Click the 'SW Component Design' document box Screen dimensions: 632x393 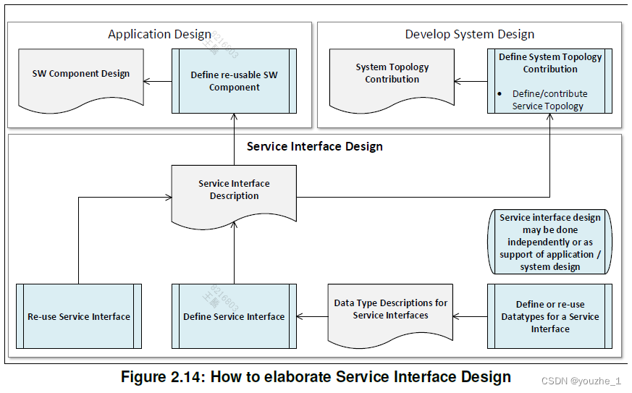pyautogui.click(x=81, y=80)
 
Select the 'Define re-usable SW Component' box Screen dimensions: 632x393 pyautogui.click(x=234, y=81)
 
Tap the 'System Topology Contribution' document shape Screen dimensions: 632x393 pyautogui.click(x=392, y=80)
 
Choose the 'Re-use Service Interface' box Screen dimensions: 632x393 pyautogui.click(x=79, y=316)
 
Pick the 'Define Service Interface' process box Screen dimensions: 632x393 pyautogui.click(x=234, y=316)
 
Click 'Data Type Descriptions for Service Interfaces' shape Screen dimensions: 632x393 pyautogui.click(x=390, y=314)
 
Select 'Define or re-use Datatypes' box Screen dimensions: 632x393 pyautogui.click(x=549, y=316)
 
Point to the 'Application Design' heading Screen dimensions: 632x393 pyautogui.click(x=159, y=35)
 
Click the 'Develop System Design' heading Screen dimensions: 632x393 pyautogui.click(x=470, y=34)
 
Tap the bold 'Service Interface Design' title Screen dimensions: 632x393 pyautogui.click(x=315, y=146)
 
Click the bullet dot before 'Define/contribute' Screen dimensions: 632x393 pyautogui.click(x=500, y=94)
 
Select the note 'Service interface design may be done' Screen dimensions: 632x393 pyautogui.click(x=549, y=242)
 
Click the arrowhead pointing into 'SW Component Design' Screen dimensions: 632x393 pyautogui.click(x=146, y=81)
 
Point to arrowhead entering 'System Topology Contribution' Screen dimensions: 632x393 pyautogui.click(x=458, y=81)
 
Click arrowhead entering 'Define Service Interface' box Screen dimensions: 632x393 pyautogui.click(x=300, y=316)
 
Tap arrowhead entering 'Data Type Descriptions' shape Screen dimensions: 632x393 pyautogui.click(x=456, y=316)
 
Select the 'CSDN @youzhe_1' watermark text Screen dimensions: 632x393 pyautogui.click(x=581, y=381)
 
